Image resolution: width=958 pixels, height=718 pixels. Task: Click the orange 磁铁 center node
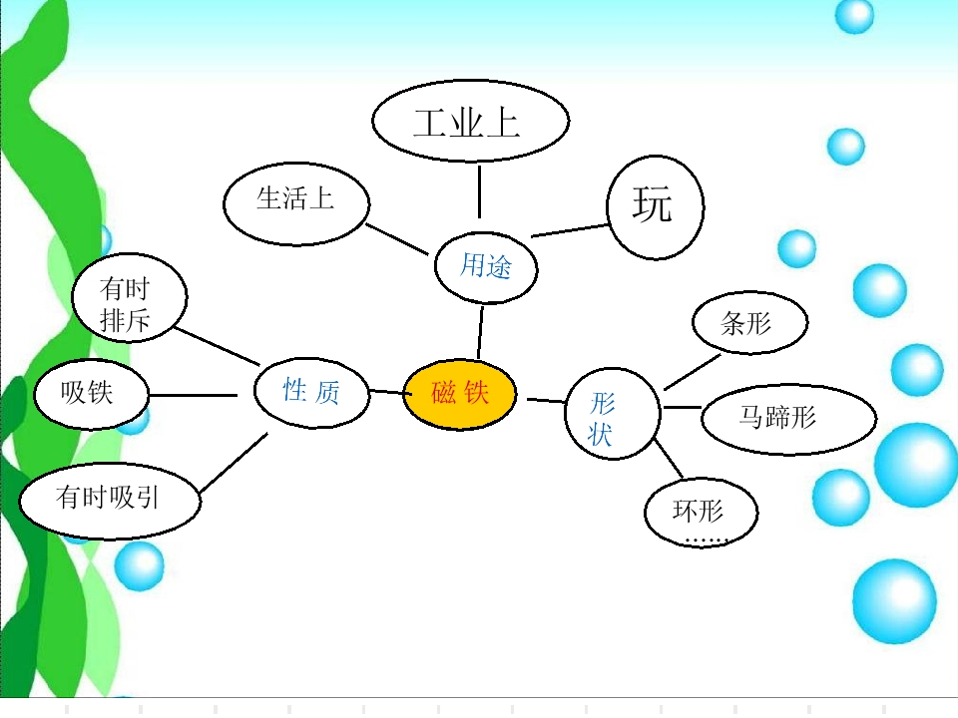pos(460,394)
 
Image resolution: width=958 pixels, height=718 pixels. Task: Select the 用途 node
pos(486,266)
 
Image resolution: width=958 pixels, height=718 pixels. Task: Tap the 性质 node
pos(311,391)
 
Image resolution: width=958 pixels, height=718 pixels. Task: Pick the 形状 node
pos(612,417)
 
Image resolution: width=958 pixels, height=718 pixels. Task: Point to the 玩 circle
pos(655,205)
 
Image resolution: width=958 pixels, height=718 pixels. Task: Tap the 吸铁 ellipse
pos(91,392)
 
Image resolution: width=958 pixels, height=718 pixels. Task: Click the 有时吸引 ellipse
pos(110,498)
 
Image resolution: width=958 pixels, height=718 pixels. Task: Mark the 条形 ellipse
pos(748,323)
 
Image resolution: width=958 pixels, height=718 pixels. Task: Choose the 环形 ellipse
pos(700,513)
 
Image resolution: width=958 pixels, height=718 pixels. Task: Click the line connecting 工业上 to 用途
pos(479,191)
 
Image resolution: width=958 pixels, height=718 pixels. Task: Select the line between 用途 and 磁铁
pos(481,332)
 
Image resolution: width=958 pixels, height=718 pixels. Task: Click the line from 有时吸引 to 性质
pos(234,463)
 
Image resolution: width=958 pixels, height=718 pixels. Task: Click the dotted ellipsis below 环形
pos(707,540)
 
